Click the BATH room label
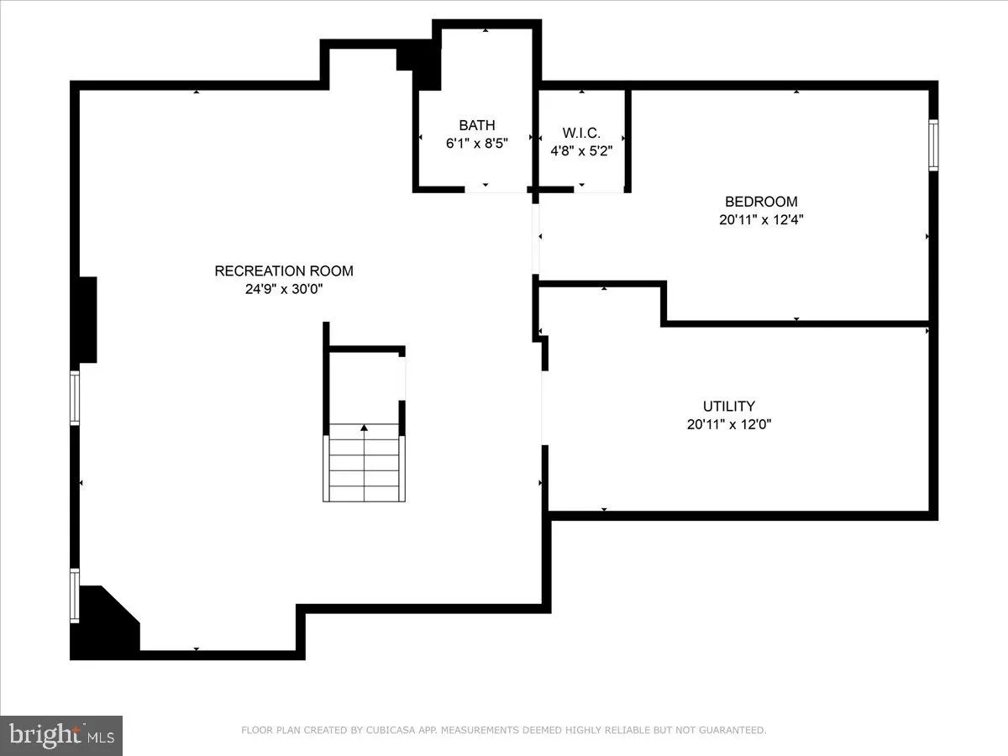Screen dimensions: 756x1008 tap(477, 126)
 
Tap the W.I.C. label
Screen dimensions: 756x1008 tap(581, 134)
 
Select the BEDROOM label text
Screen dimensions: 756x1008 tap(761, 202)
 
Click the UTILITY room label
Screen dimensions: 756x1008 tap(729, 407)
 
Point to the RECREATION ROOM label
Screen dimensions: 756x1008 tap(284, 271)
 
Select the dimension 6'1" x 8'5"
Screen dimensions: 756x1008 tap(477, 144)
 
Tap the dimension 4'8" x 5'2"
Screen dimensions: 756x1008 tap(581, 152)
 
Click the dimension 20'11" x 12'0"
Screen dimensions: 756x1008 tap(729, 425)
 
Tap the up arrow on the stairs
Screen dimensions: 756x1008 tap(364, 429)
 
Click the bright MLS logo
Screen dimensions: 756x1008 tap(61, 735)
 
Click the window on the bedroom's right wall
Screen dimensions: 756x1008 tap(932, 146)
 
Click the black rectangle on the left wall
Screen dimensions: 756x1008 tap(87, 320)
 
